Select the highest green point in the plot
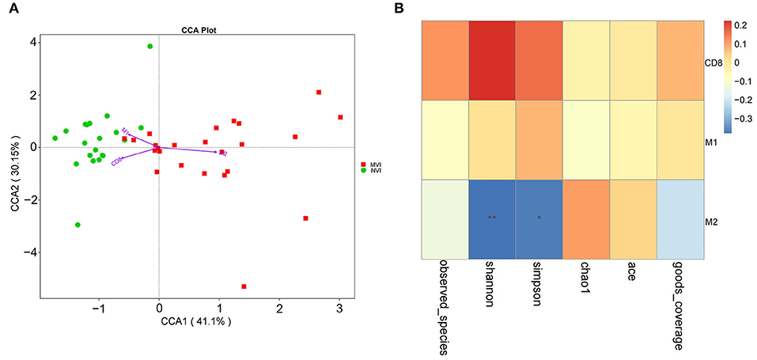click(150, 47)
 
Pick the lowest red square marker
click(244, 286)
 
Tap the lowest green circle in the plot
click(78, 225)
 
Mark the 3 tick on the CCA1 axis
click(339, 306)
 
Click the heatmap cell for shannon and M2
click(492, 219)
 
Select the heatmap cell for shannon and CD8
click(492, 60)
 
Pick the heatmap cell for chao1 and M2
click(586, 219)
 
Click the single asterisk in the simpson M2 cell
click(539, 217)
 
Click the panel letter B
click(420, 9)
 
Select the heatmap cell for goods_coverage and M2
click(679, 219)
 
